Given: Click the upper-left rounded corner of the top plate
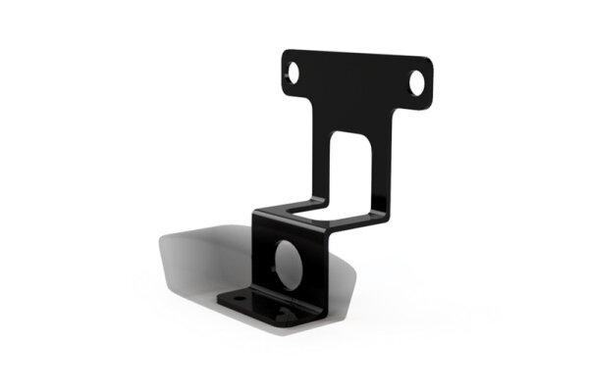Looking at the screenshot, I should click(x=287, y=55).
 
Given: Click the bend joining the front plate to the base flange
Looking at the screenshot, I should click(x=285, y=296).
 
